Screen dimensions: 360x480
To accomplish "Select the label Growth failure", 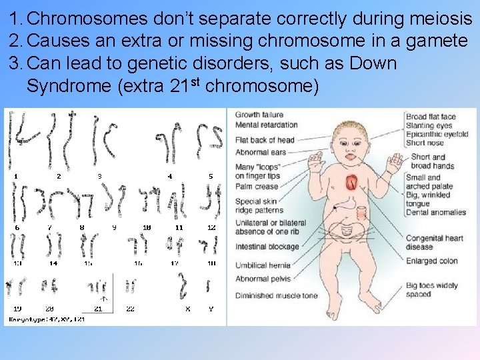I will point(259,115).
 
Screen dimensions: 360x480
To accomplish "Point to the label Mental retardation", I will point(267,125).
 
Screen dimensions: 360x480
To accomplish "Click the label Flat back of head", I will point(265,140).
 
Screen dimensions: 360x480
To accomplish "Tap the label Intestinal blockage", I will point(266,247).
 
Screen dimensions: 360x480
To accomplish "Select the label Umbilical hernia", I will point(263,265).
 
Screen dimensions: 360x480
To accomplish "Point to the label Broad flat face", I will point(431,117).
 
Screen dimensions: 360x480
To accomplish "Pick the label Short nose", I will point(425,143).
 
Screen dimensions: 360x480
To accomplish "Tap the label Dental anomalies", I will point(436,212).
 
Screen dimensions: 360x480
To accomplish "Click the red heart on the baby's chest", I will point(352,182).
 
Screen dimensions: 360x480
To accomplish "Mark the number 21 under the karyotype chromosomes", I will point(98,309).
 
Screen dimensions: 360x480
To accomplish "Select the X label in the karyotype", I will point(187,309).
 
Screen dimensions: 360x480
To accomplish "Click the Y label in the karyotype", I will point(211,309).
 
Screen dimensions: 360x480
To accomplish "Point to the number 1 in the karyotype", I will point(17,176).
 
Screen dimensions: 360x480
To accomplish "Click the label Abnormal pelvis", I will point(263,279).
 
